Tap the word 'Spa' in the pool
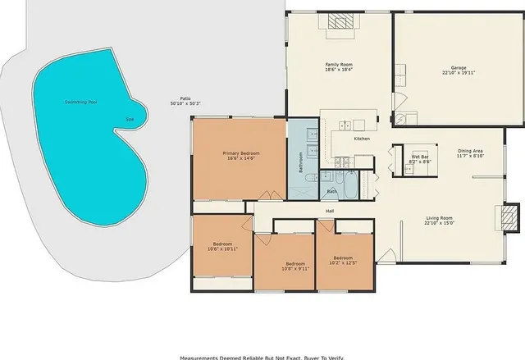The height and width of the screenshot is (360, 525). pos(129,120)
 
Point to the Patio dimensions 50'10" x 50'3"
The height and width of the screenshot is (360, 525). pos(185,103)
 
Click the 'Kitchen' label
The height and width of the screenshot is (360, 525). pos(362,139)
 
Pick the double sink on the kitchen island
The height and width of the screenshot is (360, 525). pos(346,125)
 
